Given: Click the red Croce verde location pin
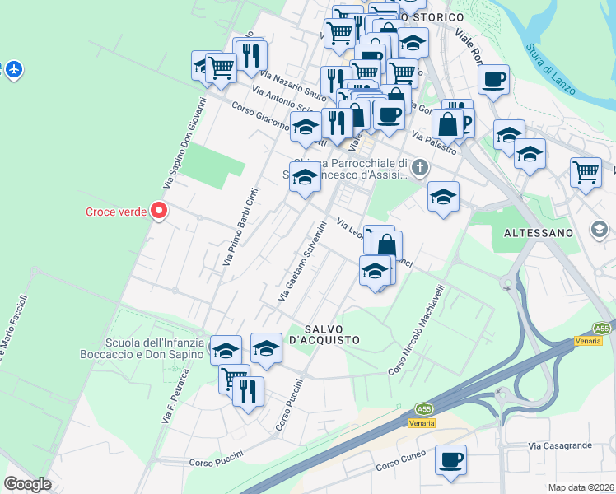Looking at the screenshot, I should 158,212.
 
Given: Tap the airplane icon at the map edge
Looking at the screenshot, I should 13,69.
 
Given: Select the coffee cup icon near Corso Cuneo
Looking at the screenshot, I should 450,460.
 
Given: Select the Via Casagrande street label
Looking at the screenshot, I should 560,445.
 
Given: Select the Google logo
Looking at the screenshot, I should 28,484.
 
